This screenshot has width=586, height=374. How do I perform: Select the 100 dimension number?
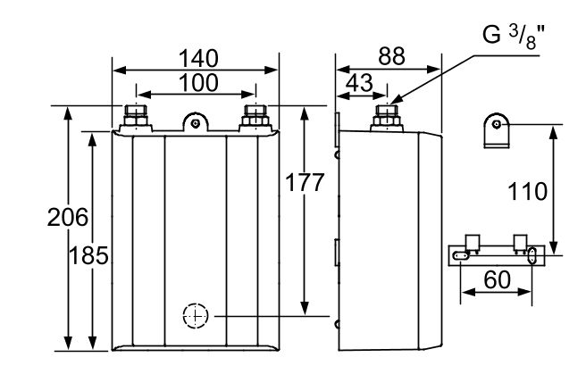tap(196, 82)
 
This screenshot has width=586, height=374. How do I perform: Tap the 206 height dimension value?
tap(68, 217)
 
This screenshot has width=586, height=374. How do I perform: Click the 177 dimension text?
tap(304, 184)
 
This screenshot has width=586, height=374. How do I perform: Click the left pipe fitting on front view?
tap(137, 117)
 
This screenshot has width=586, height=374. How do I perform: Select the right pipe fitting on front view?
tap(255, 117)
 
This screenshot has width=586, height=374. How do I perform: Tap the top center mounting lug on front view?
tap(196, 121)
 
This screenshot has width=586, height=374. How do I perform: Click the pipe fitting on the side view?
tap(387, 116)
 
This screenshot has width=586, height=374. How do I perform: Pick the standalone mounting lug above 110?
tap(497, 130)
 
